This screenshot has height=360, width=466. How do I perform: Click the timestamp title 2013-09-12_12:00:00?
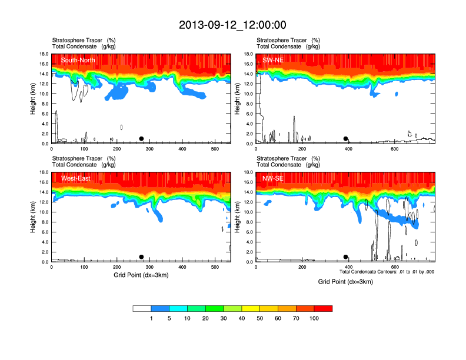point(232,25)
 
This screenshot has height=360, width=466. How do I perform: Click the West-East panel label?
point(75,178)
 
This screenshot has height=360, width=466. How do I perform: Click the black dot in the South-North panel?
point(141,139)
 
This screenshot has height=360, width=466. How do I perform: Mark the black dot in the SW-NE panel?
point(346,139)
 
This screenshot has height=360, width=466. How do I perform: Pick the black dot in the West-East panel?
point(141,257)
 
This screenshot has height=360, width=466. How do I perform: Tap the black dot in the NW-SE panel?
point(345,257)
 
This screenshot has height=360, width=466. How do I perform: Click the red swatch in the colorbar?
point(323,308)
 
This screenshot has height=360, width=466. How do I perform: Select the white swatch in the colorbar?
point(142,308)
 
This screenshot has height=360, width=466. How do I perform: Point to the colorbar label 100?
point(314,318)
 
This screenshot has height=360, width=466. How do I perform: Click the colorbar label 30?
point(224,318)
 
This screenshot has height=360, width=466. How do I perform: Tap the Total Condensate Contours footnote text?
point(387,272)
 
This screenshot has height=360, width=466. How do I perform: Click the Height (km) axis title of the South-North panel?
point(34,99)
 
